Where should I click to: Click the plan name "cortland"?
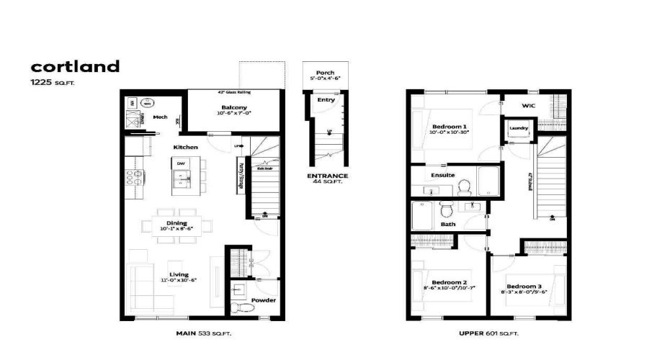click(75, 67)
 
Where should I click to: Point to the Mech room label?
click(160, 116)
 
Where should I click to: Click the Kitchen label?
click(185, 148)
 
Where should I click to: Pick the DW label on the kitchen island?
click(181, 163)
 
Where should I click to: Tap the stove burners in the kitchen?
click(134, 178)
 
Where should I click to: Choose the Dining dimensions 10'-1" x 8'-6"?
click(177, 229)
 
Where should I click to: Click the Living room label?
click(179, 274)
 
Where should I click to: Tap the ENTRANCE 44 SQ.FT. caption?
click(328, 179)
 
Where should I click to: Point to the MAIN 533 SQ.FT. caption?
click(204, 333)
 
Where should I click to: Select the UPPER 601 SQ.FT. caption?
click(489, 333)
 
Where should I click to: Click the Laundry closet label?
click(519, 129)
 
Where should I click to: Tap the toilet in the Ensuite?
click(465, 187)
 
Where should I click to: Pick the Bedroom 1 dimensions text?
click(449, 132)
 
